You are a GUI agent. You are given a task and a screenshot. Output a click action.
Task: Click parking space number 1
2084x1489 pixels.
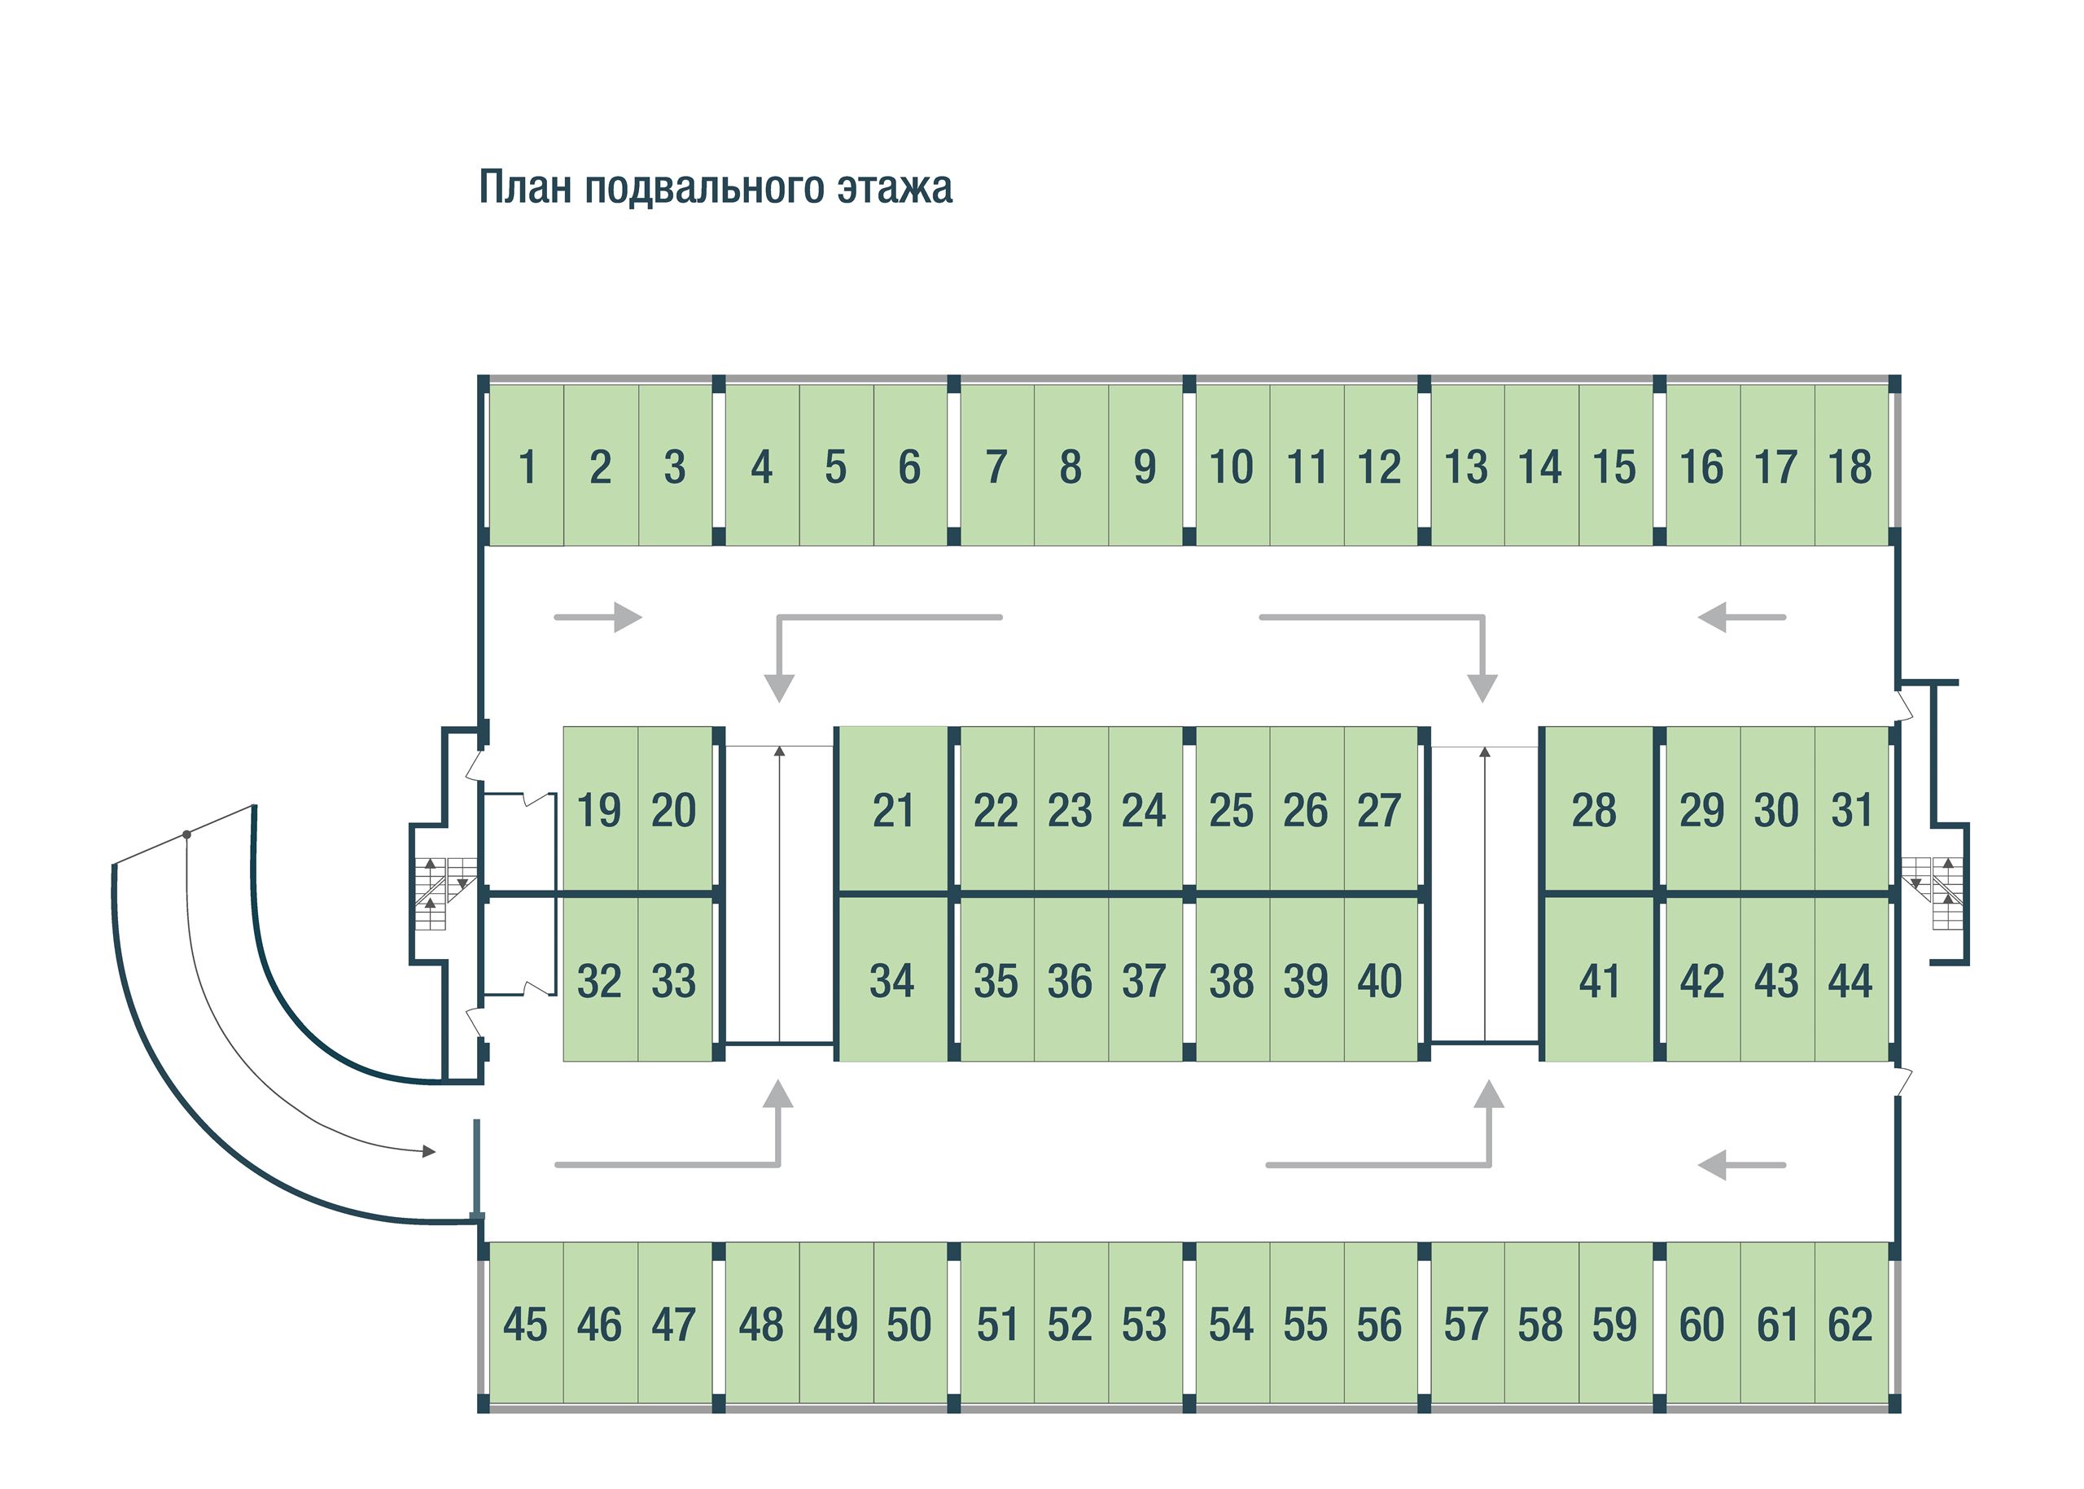coord(526,466)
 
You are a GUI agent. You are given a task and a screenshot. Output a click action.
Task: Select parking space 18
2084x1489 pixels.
coord(1850,466)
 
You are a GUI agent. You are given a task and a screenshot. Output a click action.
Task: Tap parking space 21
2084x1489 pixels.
coord(893,811)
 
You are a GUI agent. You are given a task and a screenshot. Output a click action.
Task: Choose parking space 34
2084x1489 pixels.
coord(892,981)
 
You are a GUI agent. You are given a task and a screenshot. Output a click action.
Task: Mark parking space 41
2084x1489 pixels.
coord(1599,981)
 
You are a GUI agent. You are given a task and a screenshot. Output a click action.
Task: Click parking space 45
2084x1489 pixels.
coord(525,1325)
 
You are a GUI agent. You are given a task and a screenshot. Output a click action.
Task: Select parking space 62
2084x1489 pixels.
coord(1850,1325)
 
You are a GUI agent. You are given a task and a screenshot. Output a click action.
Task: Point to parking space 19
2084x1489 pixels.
coord(598,811)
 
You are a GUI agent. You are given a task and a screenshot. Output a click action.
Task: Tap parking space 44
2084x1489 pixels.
coord(1850,981)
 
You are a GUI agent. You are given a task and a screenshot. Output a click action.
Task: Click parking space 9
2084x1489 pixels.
coord(1145,466)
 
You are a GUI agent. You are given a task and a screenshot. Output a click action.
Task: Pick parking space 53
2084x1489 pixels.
coord(1145,1325)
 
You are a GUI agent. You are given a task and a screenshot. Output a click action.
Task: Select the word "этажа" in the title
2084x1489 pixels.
coord(894,187)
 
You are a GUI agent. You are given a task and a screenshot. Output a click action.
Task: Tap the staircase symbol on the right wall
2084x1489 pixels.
coord(1933,892)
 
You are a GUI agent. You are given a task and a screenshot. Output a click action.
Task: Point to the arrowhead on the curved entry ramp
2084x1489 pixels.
coord(427,1150)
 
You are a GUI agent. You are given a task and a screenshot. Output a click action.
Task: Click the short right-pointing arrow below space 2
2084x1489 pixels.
coord(598,617)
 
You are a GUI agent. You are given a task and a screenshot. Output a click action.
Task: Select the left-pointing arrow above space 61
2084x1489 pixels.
coord(1741,1165)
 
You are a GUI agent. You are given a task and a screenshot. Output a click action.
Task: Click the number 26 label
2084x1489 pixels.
coord(1306,811)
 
